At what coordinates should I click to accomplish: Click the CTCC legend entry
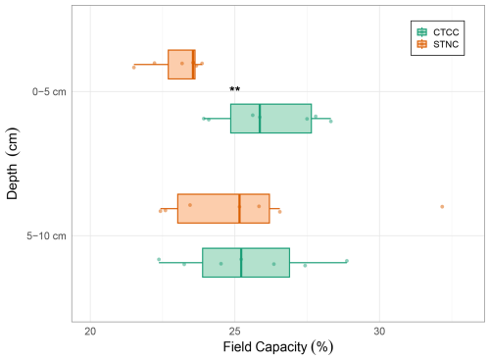pos(438,32)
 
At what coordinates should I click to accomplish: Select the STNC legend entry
pos(438,44)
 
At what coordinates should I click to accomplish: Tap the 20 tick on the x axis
pos(90,332)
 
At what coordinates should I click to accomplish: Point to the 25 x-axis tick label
pos(234,332)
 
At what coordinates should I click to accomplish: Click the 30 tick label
pos(379,332)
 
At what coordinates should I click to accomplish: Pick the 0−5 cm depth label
pos(49,92)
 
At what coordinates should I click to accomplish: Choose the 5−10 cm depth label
pos(46,235)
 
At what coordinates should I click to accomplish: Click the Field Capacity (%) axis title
pos(278,347)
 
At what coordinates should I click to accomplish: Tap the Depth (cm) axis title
pos(12,164)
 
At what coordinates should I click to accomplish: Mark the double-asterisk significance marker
pos(234,89)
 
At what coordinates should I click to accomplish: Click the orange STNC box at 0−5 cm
pos(181,65)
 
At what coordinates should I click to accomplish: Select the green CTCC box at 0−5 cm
pos(271,119)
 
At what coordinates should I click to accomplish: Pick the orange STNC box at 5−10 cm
pos(223,209)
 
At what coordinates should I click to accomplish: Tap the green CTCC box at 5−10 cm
pos(246,263)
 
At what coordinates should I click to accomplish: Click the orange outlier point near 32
pos(442,207)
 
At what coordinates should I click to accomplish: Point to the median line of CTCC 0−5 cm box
pos(260,119)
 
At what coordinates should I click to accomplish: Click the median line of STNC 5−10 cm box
pos(239,209)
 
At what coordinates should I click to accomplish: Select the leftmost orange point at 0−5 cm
pos(134,68)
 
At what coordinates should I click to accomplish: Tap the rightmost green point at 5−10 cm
pos(347,261)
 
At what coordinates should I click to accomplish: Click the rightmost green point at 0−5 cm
pos(331,122)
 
